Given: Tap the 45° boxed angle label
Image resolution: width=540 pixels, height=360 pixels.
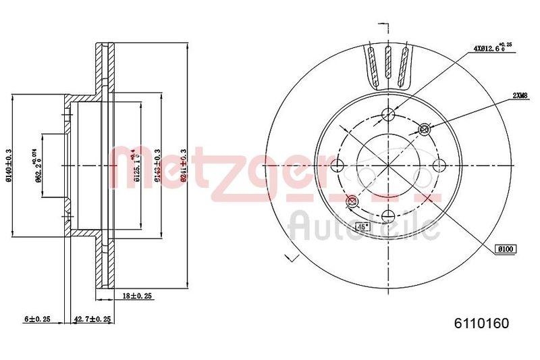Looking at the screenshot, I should coord(363,227).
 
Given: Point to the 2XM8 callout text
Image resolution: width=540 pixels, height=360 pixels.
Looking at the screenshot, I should coord(519,96).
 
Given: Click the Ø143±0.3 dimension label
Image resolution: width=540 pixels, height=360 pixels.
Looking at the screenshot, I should coord(157,165).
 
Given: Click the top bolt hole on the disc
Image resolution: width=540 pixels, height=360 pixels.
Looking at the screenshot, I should coord(387,113).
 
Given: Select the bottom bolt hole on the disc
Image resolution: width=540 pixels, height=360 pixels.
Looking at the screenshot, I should coord(387,216).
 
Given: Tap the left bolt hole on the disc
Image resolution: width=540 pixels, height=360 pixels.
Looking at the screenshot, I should coord(336,165).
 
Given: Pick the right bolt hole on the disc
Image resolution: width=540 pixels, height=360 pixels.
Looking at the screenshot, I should coord(439,165).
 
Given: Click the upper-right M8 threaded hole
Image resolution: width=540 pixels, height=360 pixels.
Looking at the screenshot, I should coord(425,128).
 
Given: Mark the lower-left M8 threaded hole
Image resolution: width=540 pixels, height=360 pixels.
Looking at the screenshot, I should coord(351,201).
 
